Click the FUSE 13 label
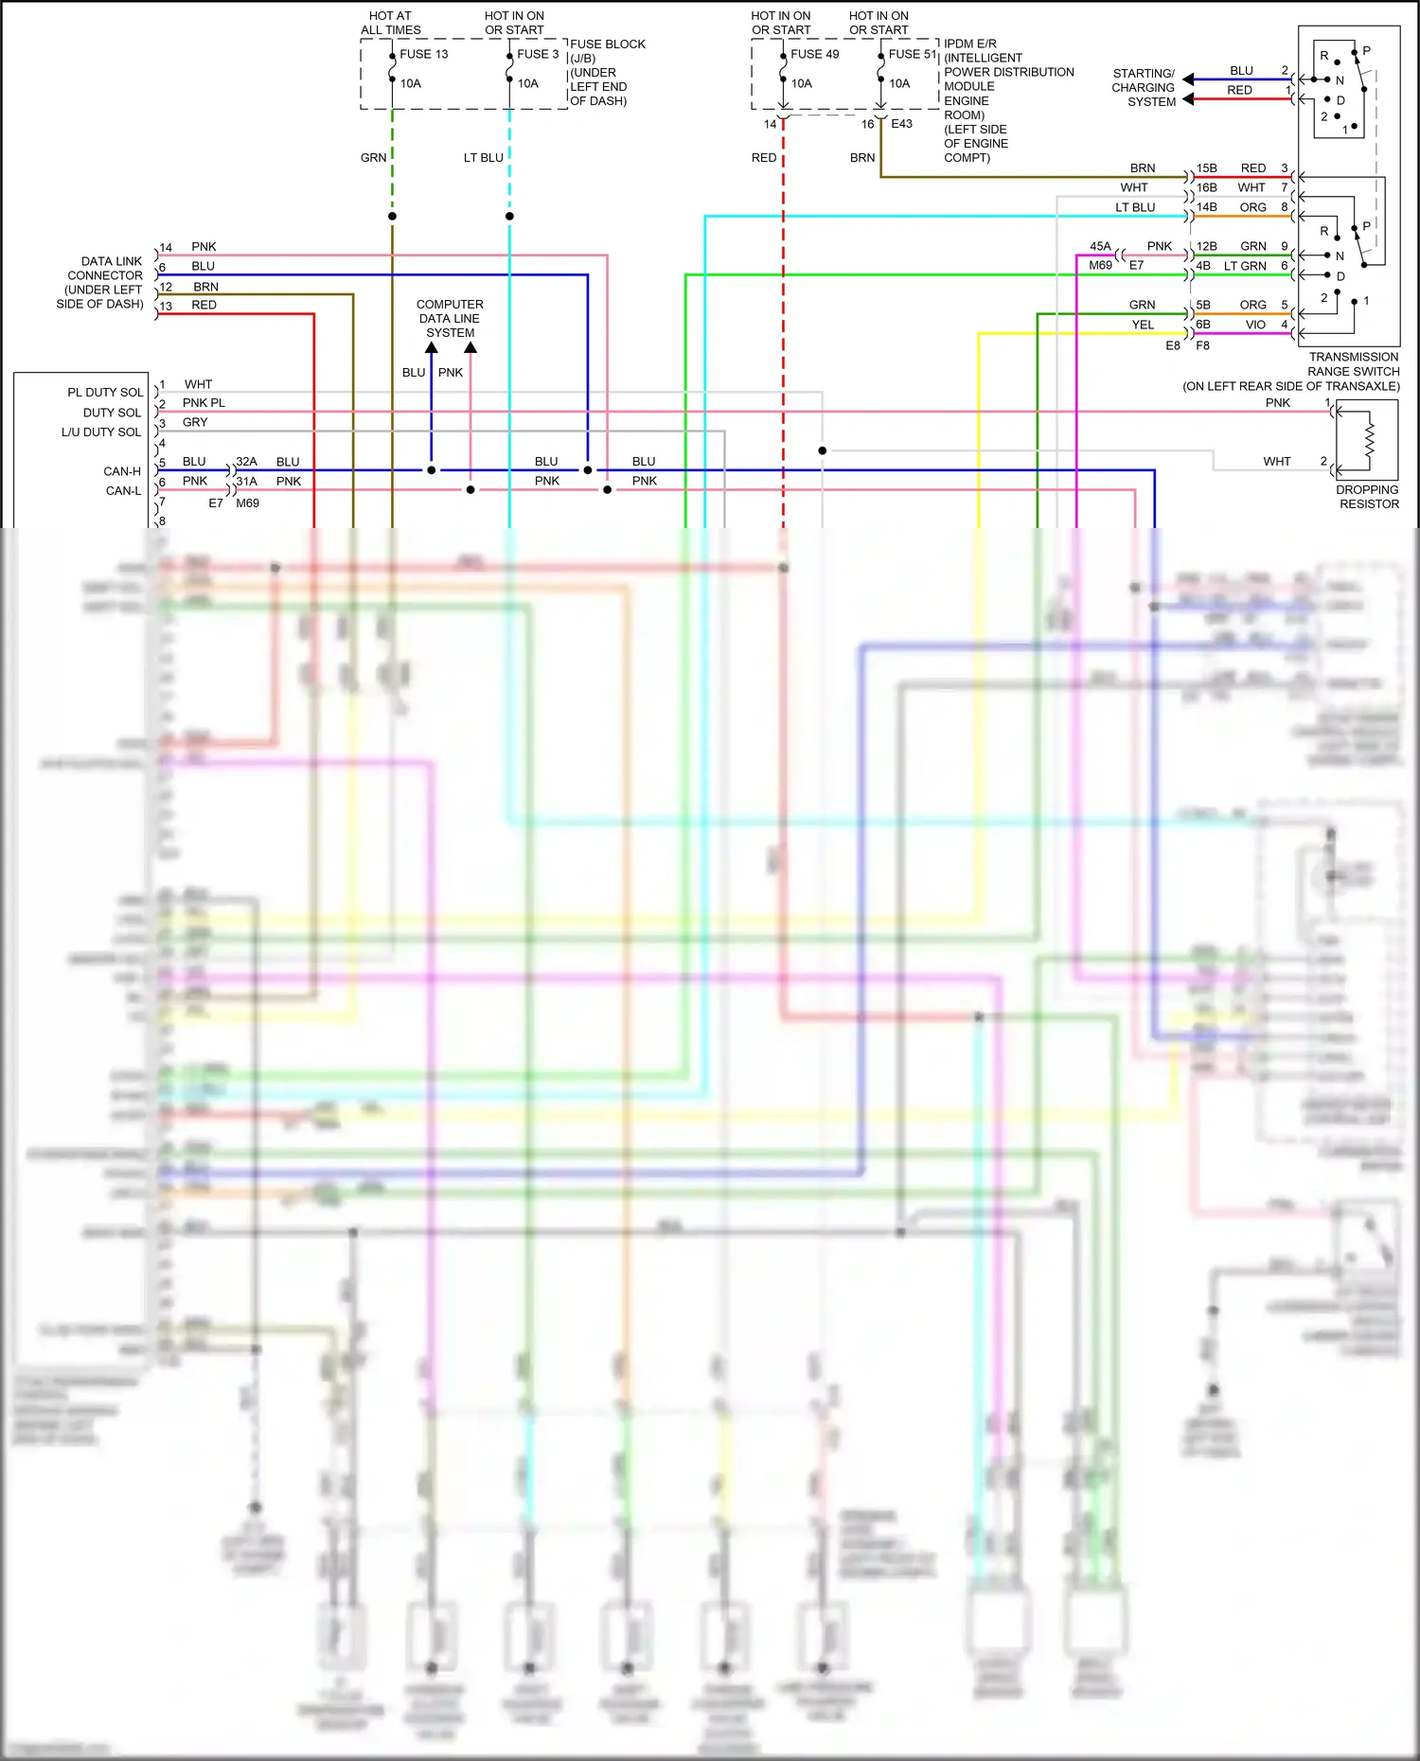pos(423,54)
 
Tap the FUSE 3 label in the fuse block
pos(538,54)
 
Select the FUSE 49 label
pos(814,54)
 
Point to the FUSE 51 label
pos(912,54)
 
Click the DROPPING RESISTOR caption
pos(1368,497)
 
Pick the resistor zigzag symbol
pos(1369,437)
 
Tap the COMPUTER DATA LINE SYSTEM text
pos(450,319)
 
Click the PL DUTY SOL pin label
pos(105,392)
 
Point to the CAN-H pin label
pos(122,471)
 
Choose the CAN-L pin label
pos(123,491)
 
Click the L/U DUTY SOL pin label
pos(101,431)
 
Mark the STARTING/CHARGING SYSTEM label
pos(1144,87)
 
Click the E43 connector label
pos(901,124)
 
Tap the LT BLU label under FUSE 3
pos(483,158)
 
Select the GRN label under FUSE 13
pos(373,158)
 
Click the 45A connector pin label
pos(1100,246)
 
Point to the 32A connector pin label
pos(246,462)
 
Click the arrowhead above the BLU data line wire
pos(432,348)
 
